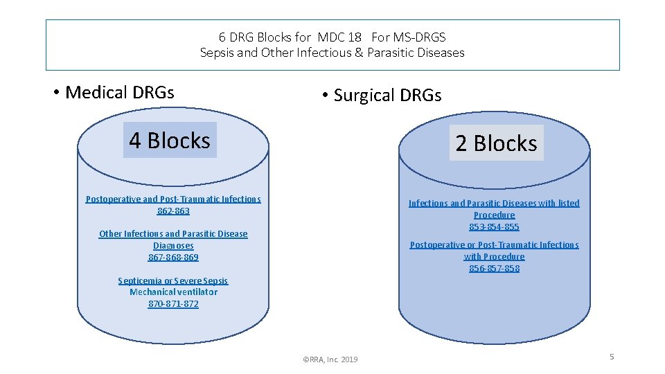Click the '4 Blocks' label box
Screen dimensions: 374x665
tap(170, 141)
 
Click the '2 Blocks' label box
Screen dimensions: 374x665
tap(496, 143)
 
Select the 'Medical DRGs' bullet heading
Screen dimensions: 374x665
tap(119, 92)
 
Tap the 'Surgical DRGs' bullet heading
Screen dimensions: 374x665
tap(387, 95)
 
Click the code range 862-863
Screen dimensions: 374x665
tap(173, 211)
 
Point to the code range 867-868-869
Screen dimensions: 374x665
tap(173, 257)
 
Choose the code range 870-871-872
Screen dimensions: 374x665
tap(173, 303)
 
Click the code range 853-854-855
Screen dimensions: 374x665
tap(494, 226)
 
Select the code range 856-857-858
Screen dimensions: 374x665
tap(494, 268)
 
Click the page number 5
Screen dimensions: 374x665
tap(612, 357)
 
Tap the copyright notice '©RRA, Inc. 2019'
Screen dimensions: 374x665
tap(330, 359)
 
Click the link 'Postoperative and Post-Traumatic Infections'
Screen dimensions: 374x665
tap(173, 199)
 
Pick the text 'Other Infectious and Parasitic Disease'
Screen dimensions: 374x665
tap(173, 233)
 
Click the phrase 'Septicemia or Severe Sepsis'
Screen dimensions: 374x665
tap(173, 280)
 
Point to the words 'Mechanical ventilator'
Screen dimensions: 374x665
tap(173, 292)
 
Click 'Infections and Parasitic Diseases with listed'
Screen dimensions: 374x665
tap(494, 203)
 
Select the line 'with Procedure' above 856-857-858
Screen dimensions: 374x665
tap(494, 256)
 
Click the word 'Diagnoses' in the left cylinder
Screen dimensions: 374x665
tap(173, 245)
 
